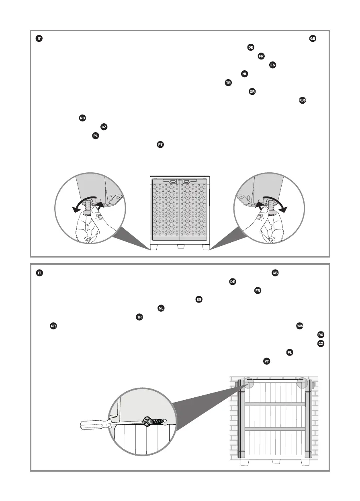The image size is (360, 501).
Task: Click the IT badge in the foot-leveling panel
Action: click(x=39, y=39)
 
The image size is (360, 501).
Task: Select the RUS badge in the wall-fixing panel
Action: click(x=299, y=325)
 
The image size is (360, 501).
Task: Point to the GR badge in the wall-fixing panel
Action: click(x=53, y=326)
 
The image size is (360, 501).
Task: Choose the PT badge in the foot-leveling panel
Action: click(x=160, y=145)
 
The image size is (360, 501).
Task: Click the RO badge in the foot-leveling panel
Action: click(x=82, y=118)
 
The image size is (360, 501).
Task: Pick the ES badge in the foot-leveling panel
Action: click(x=272, y=65)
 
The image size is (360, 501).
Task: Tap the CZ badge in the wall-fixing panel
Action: click(x=321, y=344)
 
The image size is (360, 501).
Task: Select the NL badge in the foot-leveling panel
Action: click(x=244, y=74)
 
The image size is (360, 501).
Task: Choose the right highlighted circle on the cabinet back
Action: click(x=302, y=383)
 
